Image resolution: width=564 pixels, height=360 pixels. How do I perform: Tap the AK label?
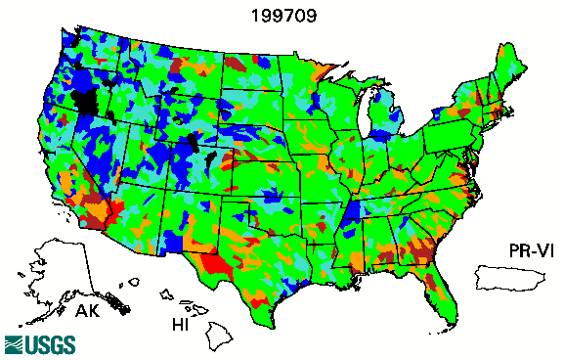click(x=88, y=313)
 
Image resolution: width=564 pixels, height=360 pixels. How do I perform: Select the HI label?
click(x=181, y=324)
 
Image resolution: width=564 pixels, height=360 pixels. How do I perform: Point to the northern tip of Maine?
click(x=508, y=45)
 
